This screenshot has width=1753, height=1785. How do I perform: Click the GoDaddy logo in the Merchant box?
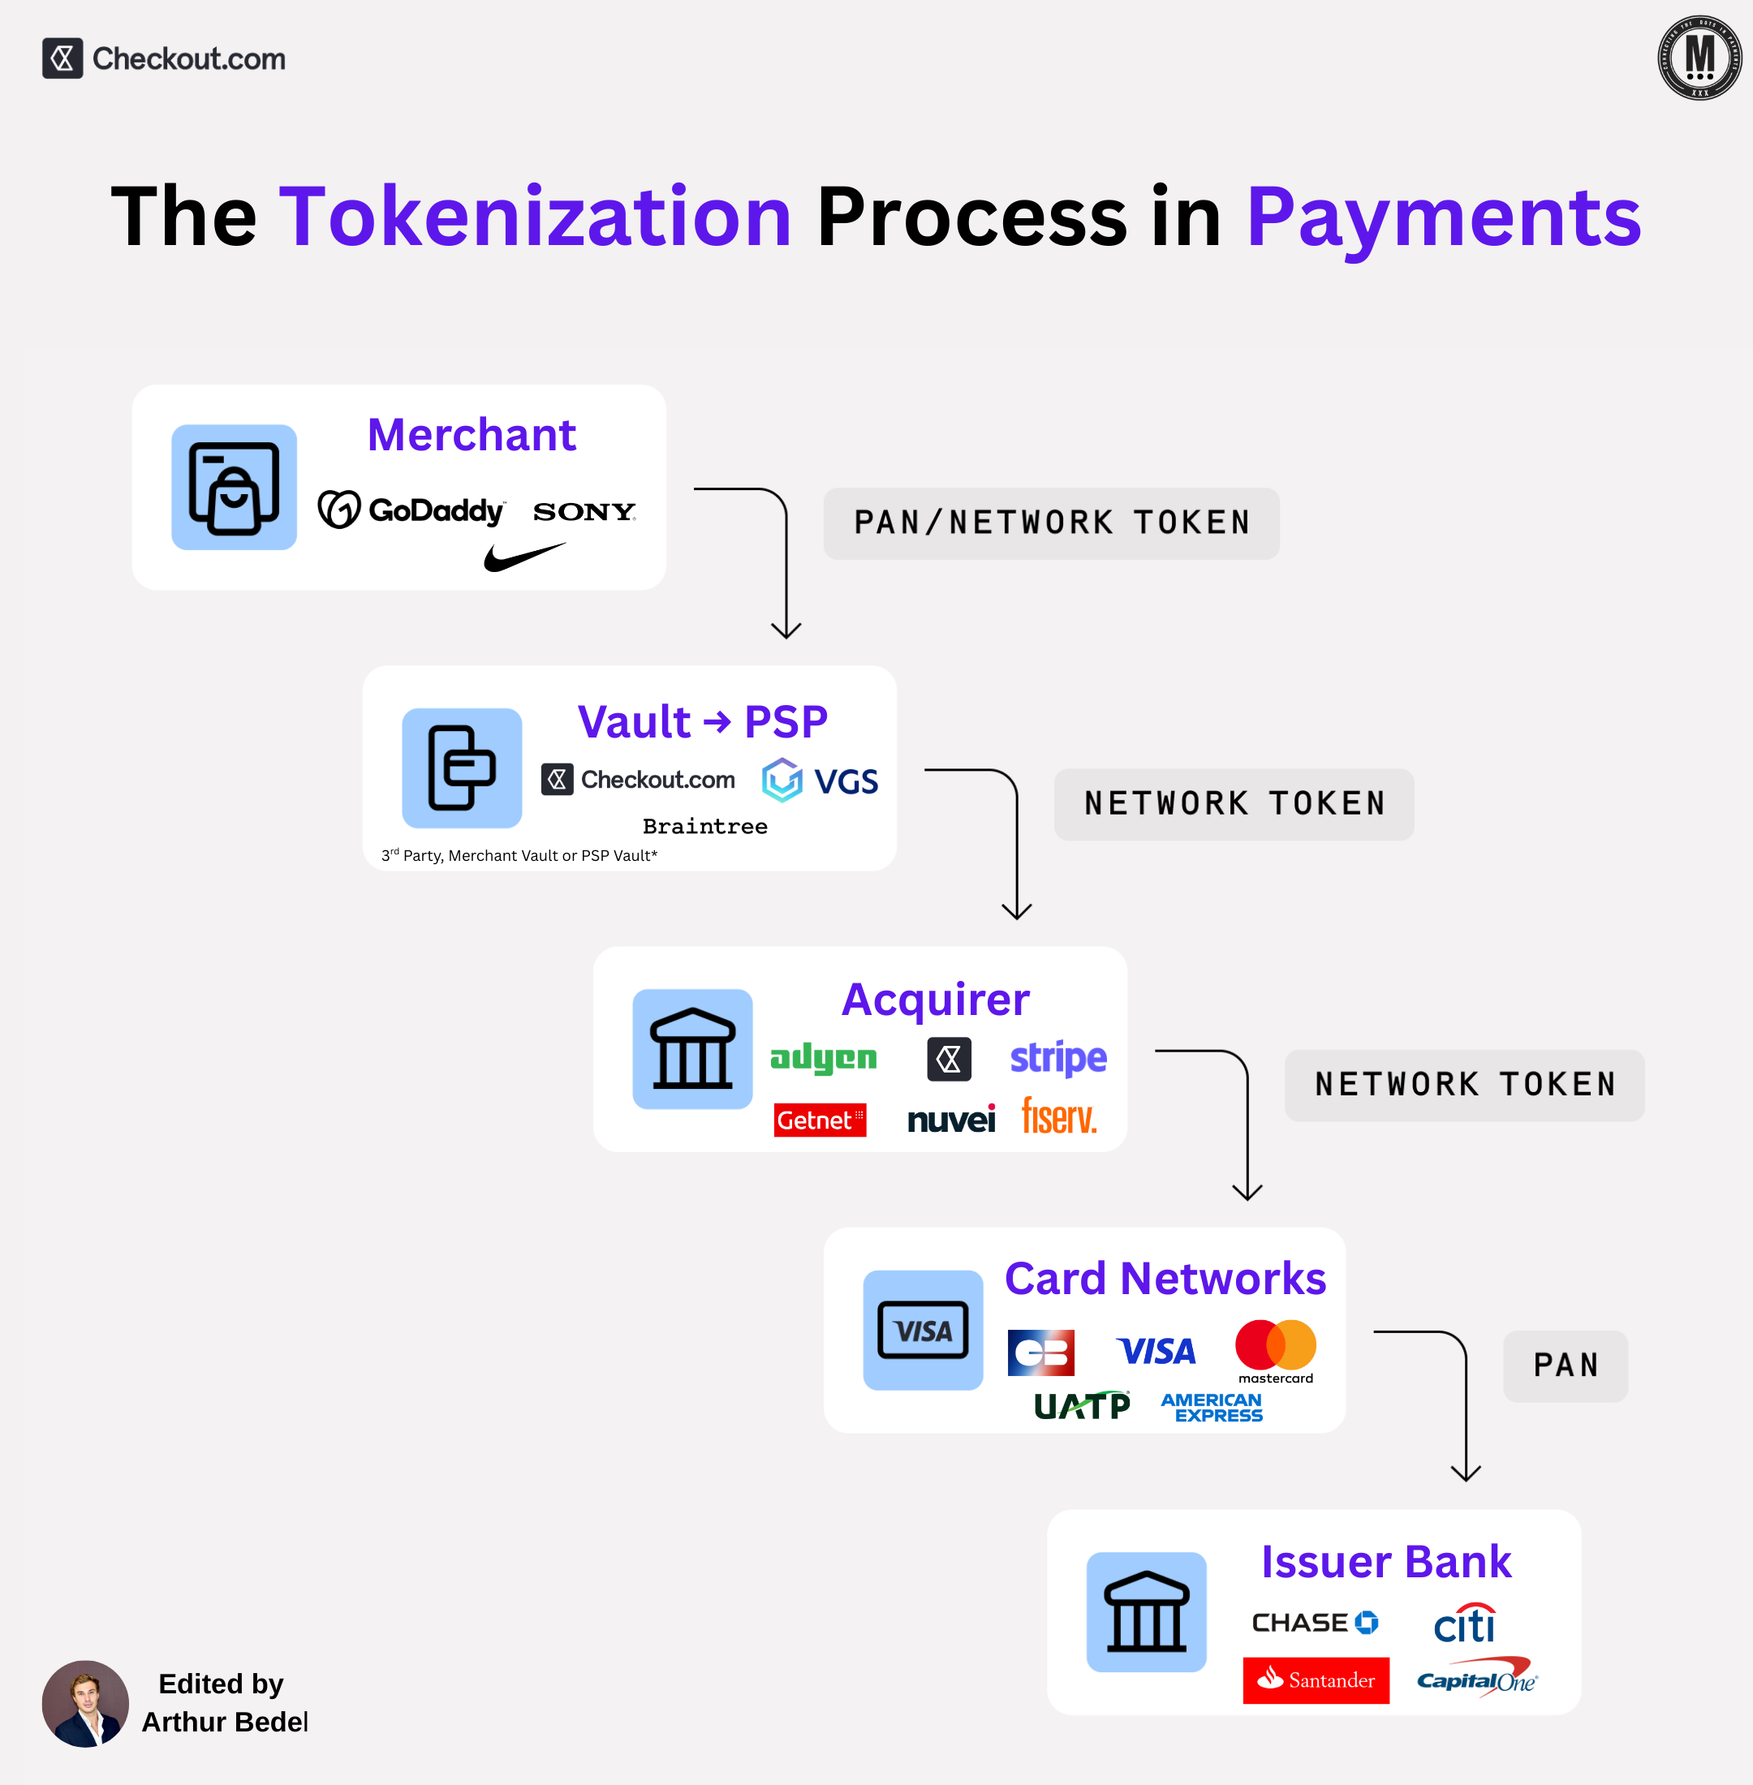411,510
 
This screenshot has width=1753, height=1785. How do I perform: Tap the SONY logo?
584,512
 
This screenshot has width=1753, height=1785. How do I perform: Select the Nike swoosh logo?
524,556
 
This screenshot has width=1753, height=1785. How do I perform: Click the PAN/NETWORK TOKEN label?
1052,523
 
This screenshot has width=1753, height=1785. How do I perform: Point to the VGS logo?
821,781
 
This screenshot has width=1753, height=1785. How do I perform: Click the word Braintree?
704,826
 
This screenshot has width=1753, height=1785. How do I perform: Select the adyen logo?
823,1058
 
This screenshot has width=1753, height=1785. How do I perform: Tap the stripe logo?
1057,1059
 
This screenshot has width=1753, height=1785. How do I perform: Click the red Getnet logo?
820,1120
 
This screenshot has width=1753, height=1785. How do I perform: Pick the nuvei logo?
951,1120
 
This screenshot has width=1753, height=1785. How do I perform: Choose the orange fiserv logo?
1059,1116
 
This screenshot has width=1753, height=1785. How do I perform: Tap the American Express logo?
1212,1407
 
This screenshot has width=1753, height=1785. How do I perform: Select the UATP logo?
1082,1406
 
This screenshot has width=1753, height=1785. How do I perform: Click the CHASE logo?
1315,1622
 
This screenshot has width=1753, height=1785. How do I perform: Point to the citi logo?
1464,1624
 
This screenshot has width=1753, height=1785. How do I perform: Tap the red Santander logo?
1316,1680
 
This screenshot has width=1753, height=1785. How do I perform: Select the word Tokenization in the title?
535,217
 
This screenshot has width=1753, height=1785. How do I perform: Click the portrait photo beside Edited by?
86,1703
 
